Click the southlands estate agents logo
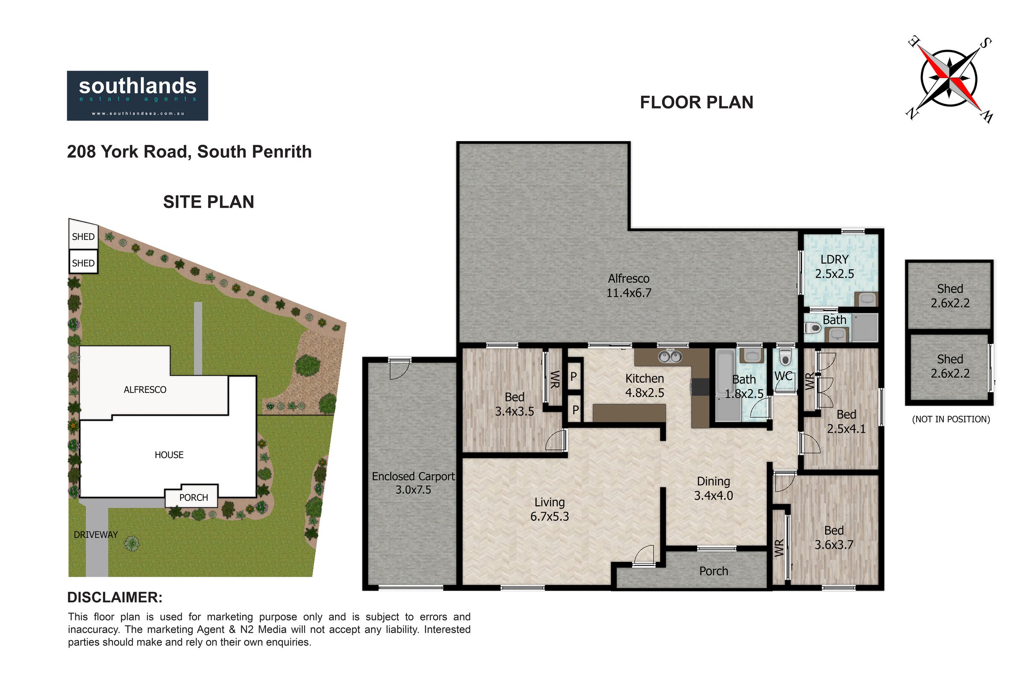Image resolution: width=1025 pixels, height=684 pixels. coord(137,95)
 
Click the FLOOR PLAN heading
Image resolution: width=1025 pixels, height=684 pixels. coord(697,103)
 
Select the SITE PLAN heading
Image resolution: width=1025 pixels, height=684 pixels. coord(208,202)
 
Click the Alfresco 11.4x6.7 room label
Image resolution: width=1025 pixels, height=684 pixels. coord(629,286)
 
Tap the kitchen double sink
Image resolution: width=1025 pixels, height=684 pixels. coord(670,357)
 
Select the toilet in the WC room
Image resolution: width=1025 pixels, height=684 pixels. coord(785,357)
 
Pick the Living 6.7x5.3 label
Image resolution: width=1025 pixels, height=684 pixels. coord(550,509)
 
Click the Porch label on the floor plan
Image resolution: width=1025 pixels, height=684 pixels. coord(713,571)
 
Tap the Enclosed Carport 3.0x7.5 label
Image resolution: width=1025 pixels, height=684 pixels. coord(413,483)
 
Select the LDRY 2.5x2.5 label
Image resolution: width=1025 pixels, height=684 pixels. coord(835,266)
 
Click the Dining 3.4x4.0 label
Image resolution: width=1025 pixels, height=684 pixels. coord(713,488)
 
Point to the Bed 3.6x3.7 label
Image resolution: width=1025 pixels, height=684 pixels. coord(834,537)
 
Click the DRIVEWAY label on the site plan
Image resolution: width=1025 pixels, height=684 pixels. coord(96,535)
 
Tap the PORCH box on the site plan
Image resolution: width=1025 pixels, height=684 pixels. coord(191,495)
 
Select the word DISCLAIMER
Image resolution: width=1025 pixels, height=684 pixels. coord(114,598)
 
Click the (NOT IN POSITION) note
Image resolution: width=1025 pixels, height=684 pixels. coord(951,419)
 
